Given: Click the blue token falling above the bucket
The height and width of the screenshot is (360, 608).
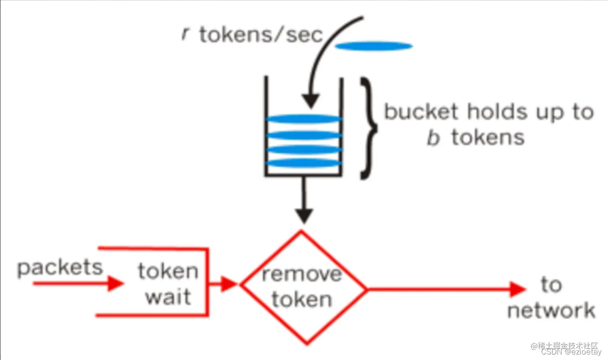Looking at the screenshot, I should (374, 46).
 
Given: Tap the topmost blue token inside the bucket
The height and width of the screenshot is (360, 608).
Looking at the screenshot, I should (303, 119).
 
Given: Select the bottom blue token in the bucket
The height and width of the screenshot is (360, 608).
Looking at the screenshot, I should (303, 163).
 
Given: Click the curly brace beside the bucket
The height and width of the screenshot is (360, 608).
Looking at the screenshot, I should (368, 128).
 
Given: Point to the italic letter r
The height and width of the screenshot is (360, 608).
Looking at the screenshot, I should (185, 34).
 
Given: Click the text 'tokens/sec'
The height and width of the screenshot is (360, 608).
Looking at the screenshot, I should (261, 35).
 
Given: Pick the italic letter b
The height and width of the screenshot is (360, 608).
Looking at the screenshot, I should (433, 138).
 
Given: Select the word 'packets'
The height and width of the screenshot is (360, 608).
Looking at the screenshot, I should (60, 268).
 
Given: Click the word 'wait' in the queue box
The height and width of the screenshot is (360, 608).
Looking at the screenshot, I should (168, 297).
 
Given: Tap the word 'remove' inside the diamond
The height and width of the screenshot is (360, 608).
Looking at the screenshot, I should (302, 275).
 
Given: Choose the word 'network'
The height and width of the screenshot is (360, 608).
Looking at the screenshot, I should (551, 311).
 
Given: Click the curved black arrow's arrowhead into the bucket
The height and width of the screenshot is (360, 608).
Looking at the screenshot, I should (311, 101).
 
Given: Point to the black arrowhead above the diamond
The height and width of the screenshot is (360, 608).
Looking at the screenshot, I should (304, 216).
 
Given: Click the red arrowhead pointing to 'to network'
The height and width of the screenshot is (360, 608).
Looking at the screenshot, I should (518, 289).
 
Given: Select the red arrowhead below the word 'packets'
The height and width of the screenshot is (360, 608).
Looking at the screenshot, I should (115, 283).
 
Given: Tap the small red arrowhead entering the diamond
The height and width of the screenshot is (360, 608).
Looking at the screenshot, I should (229, 284).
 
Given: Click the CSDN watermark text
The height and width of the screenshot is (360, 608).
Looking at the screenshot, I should (571, 352).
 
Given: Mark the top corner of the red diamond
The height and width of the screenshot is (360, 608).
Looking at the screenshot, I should (302, 232).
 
